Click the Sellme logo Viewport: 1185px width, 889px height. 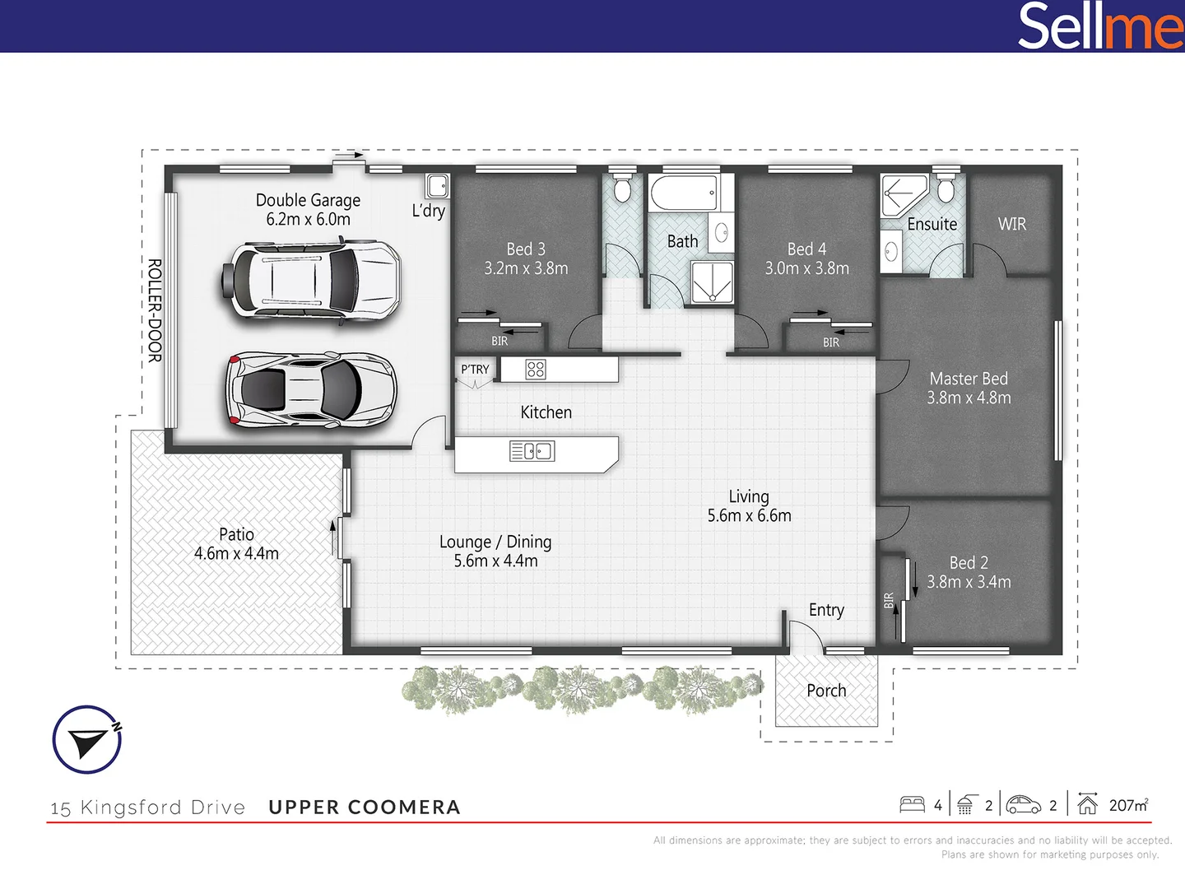[1100, 26]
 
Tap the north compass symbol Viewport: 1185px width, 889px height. [87, 739]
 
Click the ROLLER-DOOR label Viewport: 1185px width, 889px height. [155, 310]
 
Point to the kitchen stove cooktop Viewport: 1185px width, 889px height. [535, 370]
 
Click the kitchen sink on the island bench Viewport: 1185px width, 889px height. [532, 451]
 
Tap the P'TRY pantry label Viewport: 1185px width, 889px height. [475, 370]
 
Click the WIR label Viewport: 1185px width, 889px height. [1011, 224]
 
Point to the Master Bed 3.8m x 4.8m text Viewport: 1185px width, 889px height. [969, 388]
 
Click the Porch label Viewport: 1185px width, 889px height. [826, 691]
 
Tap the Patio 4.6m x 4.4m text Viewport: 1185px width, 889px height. [236, 544]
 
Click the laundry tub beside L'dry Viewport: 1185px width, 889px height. [438, 186]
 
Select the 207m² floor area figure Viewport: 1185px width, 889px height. [1127, 805]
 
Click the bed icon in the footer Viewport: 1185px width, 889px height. [912, 804]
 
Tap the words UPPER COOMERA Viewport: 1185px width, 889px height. [365, 808]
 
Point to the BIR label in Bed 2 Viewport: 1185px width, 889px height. [889, 601]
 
